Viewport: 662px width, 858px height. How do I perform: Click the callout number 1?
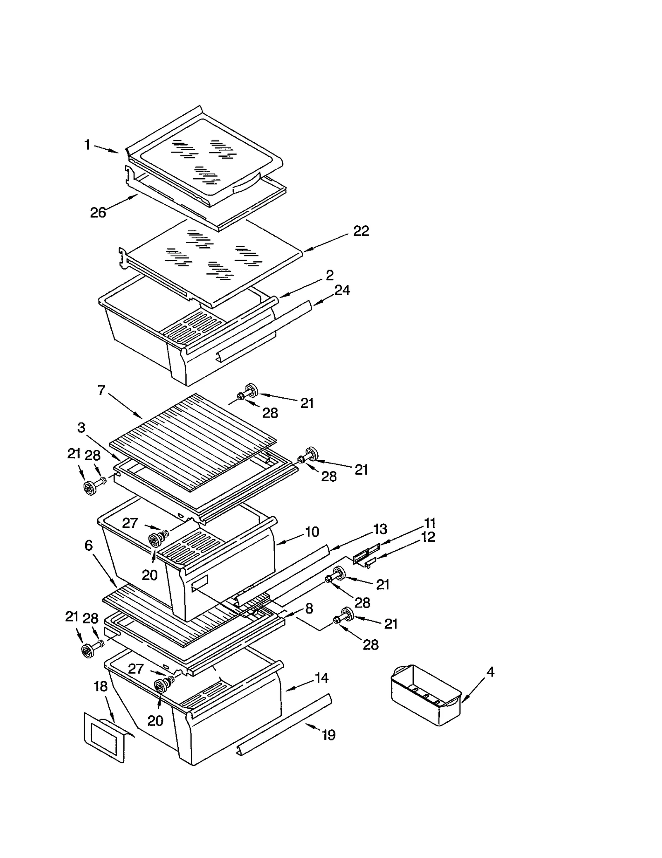87,144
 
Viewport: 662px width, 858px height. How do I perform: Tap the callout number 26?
98,213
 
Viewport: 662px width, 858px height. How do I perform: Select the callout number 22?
361,231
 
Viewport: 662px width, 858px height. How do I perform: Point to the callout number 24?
342,290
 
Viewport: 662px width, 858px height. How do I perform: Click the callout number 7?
102,390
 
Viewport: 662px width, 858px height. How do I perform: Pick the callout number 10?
312,532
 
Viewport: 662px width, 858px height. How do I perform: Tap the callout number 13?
380,529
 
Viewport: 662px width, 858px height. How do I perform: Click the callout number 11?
429,523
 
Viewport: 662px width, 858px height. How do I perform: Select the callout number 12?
428,537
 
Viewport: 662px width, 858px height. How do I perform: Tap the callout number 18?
101,686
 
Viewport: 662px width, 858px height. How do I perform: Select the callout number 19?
329,735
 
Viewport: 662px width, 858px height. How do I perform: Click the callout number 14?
321,678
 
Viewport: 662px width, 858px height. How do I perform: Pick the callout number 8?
309,608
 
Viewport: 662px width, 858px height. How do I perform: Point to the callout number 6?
89,545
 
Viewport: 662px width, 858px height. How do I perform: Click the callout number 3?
82,427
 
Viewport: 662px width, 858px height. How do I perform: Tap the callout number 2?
329,275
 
